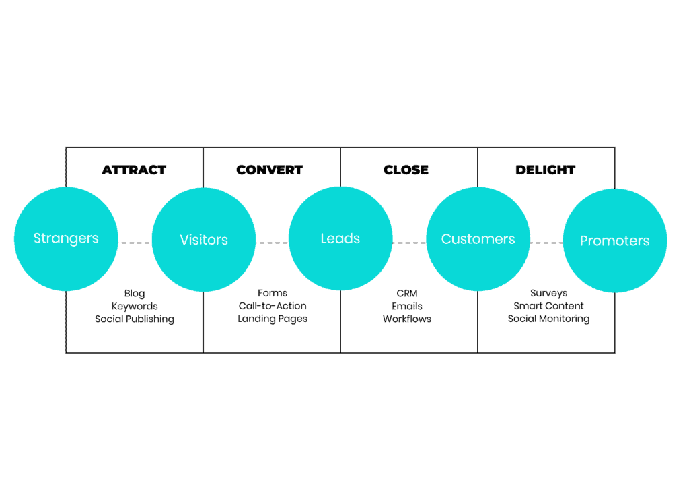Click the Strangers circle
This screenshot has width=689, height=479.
coord(66,239)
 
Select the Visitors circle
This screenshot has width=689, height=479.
coord(204,240)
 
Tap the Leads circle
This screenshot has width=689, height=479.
coord(340,239)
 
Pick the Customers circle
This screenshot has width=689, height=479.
coord(478,239)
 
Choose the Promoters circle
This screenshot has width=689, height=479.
coord(614,241)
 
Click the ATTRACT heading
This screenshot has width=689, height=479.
coord(134,170)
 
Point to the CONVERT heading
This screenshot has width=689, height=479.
coord(270,170)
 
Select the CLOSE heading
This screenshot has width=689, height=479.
coord(406,170)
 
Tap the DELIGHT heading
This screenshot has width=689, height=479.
coord(545,170)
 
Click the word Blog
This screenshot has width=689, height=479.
coord(135,294)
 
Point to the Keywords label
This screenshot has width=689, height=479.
coord(135,307)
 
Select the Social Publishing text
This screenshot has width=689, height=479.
coord(135,319)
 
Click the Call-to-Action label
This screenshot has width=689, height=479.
coord(273,306)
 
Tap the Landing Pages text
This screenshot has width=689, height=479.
coord(273,319)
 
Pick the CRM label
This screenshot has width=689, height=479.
coord(407,294)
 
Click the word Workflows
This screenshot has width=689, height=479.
coord(407,319)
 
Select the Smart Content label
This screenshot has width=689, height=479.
coord(548,306)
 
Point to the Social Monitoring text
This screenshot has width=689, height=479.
coord(548,319)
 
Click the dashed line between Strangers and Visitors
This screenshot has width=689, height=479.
coord(135,243)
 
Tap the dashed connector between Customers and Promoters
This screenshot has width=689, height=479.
coord(546,243)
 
